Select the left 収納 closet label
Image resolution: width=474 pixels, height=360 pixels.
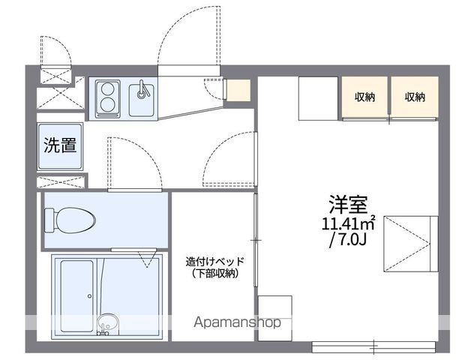click(365, 97)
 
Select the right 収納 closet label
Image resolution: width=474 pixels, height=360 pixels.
click(415, 97)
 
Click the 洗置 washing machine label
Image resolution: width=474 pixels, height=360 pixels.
click(60, 145)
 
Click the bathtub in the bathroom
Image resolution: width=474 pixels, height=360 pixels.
click(78, 292)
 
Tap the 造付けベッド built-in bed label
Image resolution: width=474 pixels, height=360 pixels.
click(214, 261)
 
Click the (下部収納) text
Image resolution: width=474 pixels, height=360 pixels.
click(214, 274)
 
